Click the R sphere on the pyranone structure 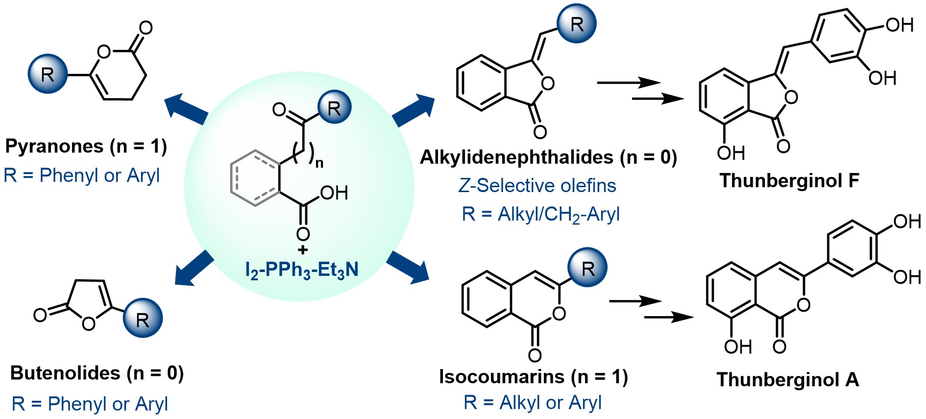[x=48, y=74]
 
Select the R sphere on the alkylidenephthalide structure [x=577, y=24]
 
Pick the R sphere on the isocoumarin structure [x=587, y=268]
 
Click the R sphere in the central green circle [x=334, y=107]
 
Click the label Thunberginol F [x=789, y=180]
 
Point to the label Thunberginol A [x=788, y=379]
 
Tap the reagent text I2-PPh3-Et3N [x=302, y=270]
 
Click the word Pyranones [x=54, y=146]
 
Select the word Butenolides [x=65, y=373]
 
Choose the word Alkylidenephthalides [x=516, y=157]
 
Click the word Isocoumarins [x=502, y=377]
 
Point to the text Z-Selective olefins [x=537, y=186]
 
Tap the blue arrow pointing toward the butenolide [x=194, y=268]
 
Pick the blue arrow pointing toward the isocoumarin [x=408, y=267]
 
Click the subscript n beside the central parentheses [x=319, y=163]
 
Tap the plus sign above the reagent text [x=303, y=250]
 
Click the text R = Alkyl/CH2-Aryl [x=540, y=214]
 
